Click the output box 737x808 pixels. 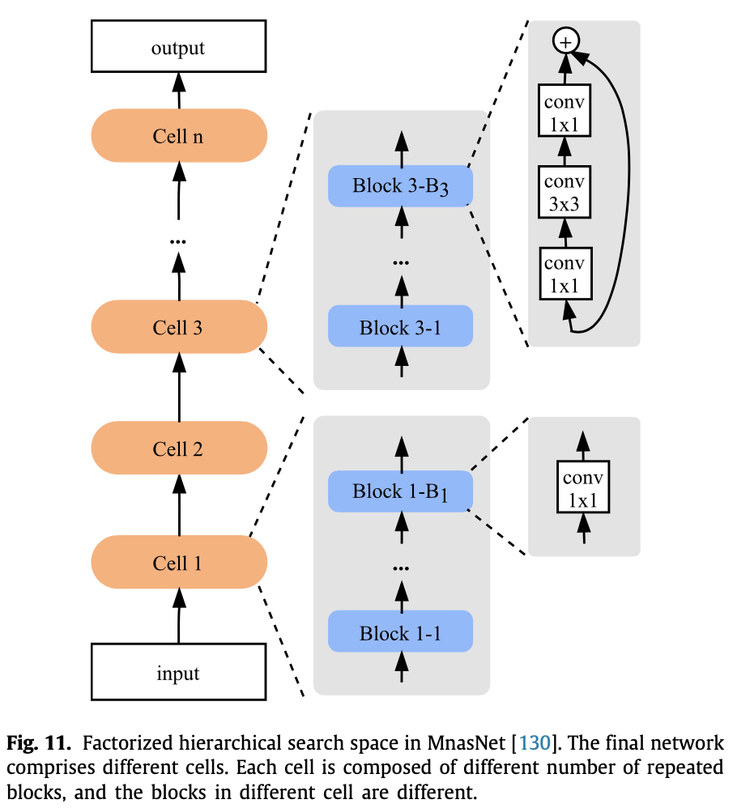tap(178, 48)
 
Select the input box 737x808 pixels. tap(178, 673)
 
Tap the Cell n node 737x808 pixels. tap(178, 136)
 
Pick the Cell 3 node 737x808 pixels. tap(178, 327)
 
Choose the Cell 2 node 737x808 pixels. tap(178, 449)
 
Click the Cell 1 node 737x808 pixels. tap(178, 563)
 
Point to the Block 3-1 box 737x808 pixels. tap(400, 327)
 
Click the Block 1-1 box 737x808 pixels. tap(400, 632)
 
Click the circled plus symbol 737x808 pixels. tap(564, 40)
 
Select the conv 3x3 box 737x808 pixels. tap(564, 192)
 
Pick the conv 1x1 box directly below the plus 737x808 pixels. tap(564, 113)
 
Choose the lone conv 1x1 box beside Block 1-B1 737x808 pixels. tap(582, 488)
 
